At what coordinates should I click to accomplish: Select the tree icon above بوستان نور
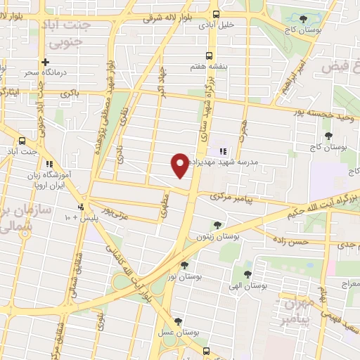point(184,266)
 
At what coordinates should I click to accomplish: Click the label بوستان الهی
point(247,287)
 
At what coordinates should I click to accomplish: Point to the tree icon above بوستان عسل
point(178,321)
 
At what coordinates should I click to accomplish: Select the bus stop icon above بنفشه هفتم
point(207,55)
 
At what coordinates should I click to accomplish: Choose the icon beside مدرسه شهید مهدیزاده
point(223,150)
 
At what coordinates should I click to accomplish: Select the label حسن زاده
point(293,241)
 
